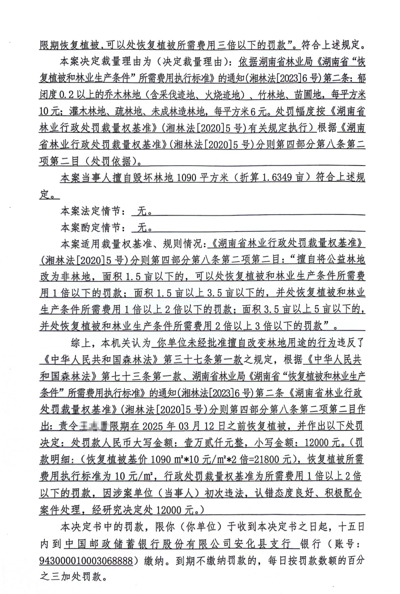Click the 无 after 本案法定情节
141,211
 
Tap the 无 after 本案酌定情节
141,227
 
